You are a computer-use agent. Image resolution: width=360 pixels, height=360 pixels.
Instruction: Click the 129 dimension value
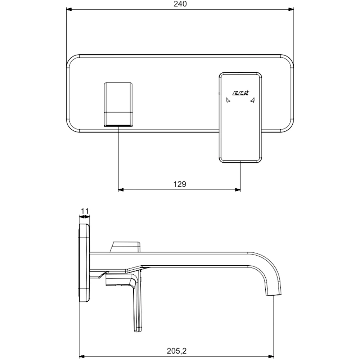(x=180, y=184)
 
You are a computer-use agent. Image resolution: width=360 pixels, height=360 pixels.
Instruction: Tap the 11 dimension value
(x=85, y=211)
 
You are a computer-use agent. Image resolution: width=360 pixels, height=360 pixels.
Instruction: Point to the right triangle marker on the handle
(x=253, y=100)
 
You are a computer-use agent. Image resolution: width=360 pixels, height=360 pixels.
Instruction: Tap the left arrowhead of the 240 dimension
(x=69, y=10)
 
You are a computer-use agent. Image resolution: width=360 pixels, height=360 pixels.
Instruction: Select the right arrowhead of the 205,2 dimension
(x=271, y=356)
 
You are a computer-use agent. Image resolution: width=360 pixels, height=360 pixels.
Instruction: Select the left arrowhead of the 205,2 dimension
(x=82, y=356)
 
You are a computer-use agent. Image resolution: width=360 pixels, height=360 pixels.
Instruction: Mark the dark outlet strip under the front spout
(x=118, y=126)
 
